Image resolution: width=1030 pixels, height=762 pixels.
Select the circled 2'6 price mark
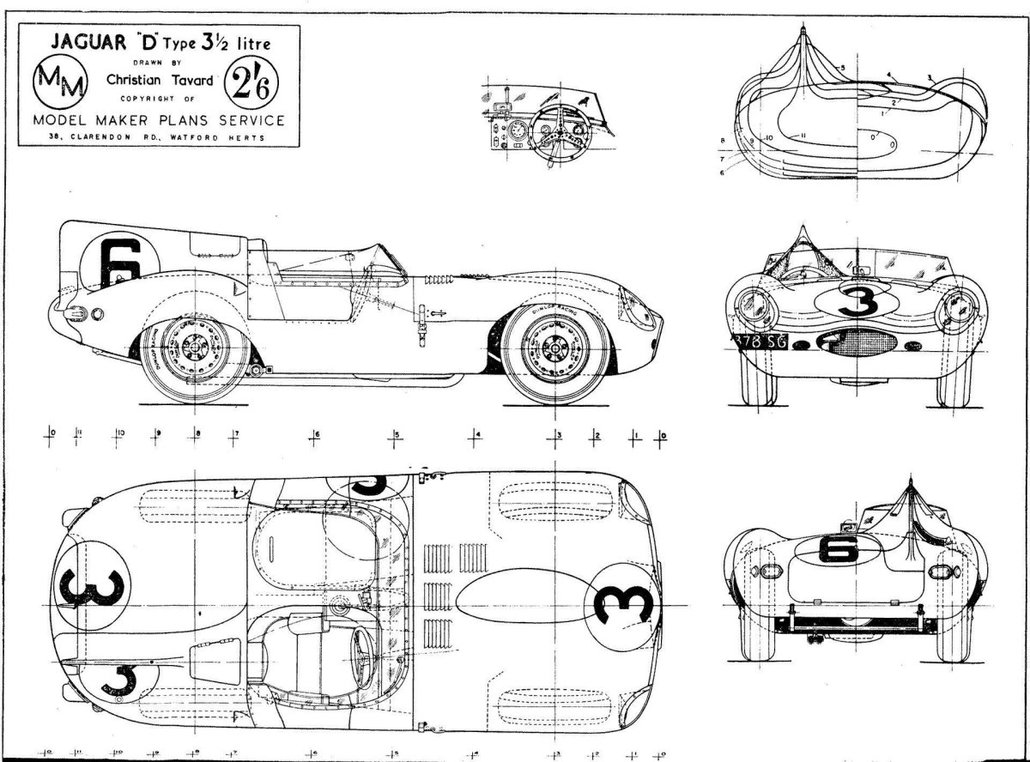point(247,84)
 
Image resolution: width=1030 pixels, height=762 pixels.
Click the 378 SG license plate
point(760,342)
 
